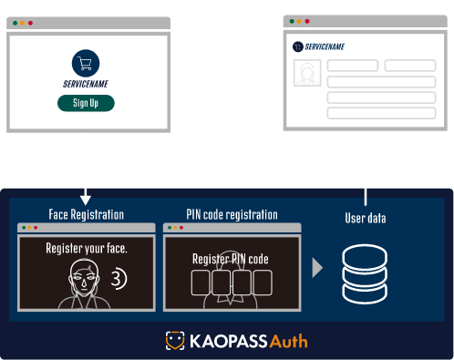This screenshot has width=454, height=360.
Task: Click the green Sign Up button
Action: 87,103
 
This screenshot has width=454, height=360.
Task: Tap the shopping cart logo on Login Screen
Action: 87,63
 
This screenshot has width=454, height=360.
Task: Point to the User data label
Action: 366,218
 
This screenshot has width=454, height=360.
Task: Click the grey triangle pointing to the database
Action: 317,268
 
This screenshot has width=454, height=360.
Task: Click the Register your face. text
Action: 87,248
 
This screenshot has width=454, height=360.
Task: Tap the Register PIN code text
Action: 230,258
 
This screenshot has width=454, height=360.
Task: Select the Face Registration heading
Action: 86,215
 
